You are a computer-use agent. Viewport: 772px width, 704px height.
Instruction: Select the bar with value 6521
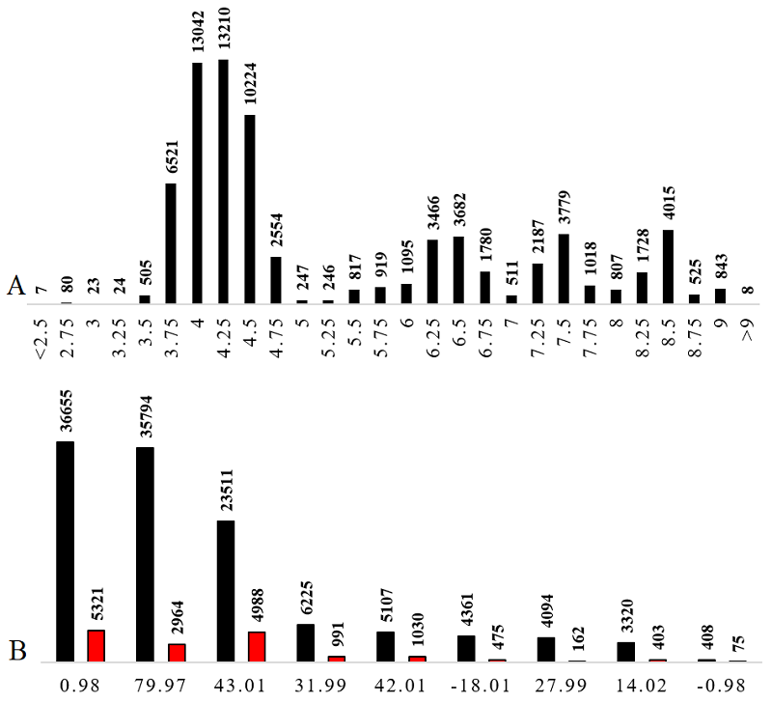pos(171,243)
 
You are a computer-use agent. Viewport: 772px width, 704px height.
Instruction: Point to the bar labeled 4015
pos(668,267)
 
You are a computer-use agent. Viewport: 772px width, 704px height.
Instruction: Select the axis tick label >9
pos(747,329)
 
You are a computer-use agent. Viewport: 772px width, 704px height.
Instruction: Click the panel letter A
pos(14,286)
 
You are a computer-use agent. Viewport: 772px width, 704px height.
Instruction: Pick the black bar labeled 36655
pos(66,551)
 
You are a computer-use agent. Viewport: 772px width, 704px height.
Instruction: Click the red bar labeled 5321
pos(96,645)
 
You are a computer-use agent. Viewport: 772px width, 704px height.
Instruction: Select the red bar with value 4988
pos(256,646)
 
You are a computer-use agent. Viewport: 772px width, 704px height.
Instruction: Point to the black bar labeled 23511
pos(225,591)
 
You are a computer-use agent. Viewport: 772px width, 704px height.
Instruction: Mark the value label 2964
pos(177,618)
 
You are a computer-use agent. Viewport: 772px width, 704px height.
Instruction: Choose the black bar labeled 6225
pos(305,642)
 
